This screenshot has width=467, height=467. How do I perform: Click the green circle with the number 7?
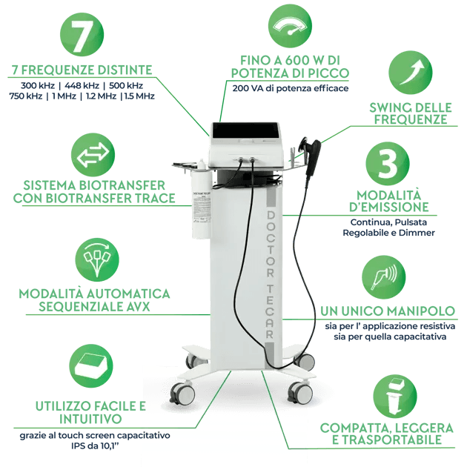82,35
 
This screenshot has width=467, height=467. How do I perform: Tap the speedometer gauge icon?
290,26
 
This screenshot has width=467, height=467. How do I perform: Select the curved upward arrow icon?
411,73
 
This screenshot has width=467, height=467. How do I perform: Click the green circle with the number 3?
388,164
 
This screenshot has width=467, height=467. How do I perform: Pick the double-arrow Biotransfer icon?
93,155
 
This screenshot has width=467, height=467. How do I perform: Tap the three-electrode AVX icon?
97,259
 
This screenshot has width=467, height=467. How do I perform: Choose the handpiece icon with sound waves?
384,277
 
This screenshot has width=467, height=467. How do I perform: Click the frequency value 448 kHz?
82,86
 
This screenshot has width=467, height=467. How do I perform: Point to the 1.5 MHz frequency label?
139,96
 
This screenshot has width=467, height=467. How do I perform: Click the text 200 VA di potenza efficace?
291,88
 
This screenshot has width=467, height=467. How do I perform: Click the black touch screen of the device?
246,131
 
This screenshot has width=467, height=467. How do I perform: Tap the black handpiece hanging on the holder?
312,155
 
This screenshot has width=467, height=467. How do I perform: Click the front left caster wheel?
182,394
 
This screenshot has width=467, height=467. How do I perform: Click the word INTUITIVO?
90,419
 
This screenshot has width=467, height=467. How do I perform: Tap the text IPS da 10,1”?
93,446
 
